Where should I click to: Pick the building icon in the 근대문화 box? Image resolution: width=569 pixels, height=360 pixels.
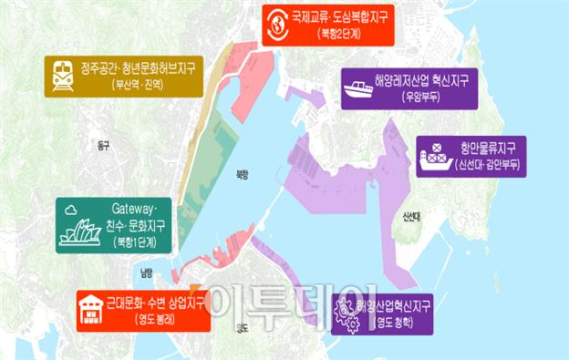[92, 309]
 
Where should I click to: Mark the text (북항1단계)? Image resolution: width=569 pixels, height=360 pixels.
[135, 242]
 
